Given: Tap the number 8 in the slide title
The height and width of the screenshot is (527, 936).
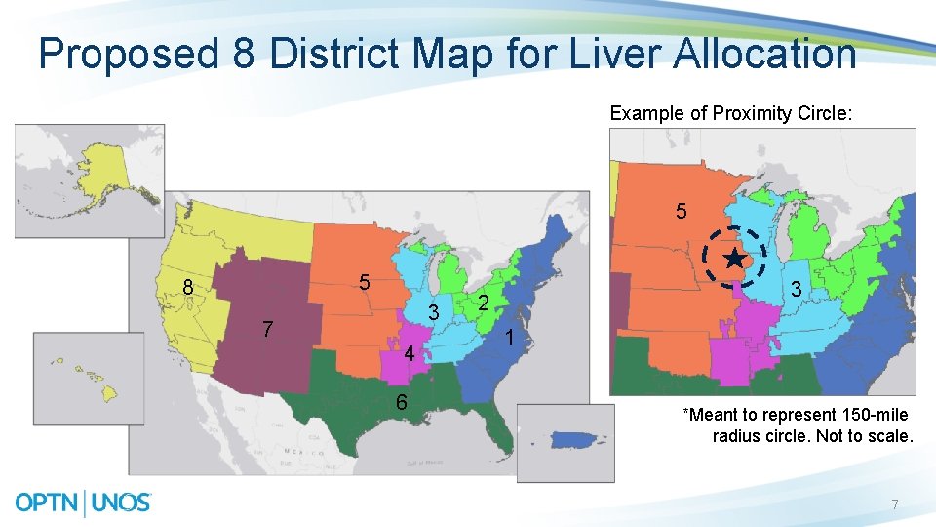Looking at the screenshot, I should click(x=245, y=54).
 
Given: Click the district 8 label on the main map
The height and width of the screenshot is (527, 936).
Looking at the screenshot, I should click(x=187, y=287).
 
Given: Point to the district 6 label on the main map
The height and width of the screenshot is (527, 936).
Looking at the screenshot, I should click(x=401, y=402).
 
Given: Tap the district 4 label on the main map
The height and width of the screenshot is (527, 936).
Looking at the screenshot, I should click(x=410, y=353).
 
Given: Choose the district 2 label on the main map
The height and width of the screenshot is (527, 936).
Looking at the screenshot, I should click(x=482, y=304).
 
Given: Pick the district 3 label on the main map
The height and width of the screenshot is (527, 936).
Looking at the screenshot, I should click(x=436, y=312).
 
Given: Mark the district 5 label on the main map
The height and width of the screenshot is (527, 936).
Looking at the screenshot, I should click(x=363, y=283).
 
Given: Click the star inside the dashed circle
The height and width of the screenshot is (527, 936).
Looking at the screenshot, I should click(x=735, y=259).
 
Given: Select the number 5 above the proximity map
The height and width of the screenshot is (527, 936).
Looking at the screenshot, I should click(x=681, y=211).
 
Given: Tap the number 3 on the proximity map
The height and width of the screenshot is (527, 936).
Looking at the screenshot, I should click(x=797, y=290).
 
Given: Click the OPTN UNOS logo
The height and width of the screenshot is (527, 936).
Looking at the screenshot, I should click(x=84, y=503).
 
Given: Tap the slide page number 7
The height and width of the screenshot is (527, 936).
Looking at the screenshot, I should click(x=894, y=505).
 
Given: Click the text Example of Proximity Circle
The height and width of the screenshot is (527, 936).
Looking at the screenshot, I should click(x=730, y=113).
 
